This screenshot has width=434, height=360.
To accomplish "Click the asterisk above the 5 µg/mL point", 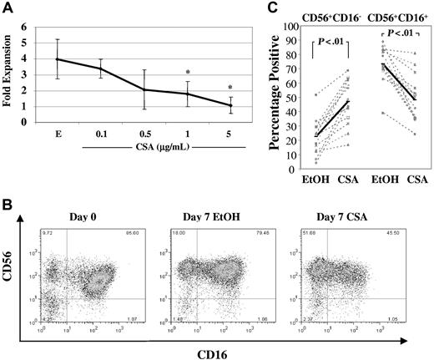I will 228,87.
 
